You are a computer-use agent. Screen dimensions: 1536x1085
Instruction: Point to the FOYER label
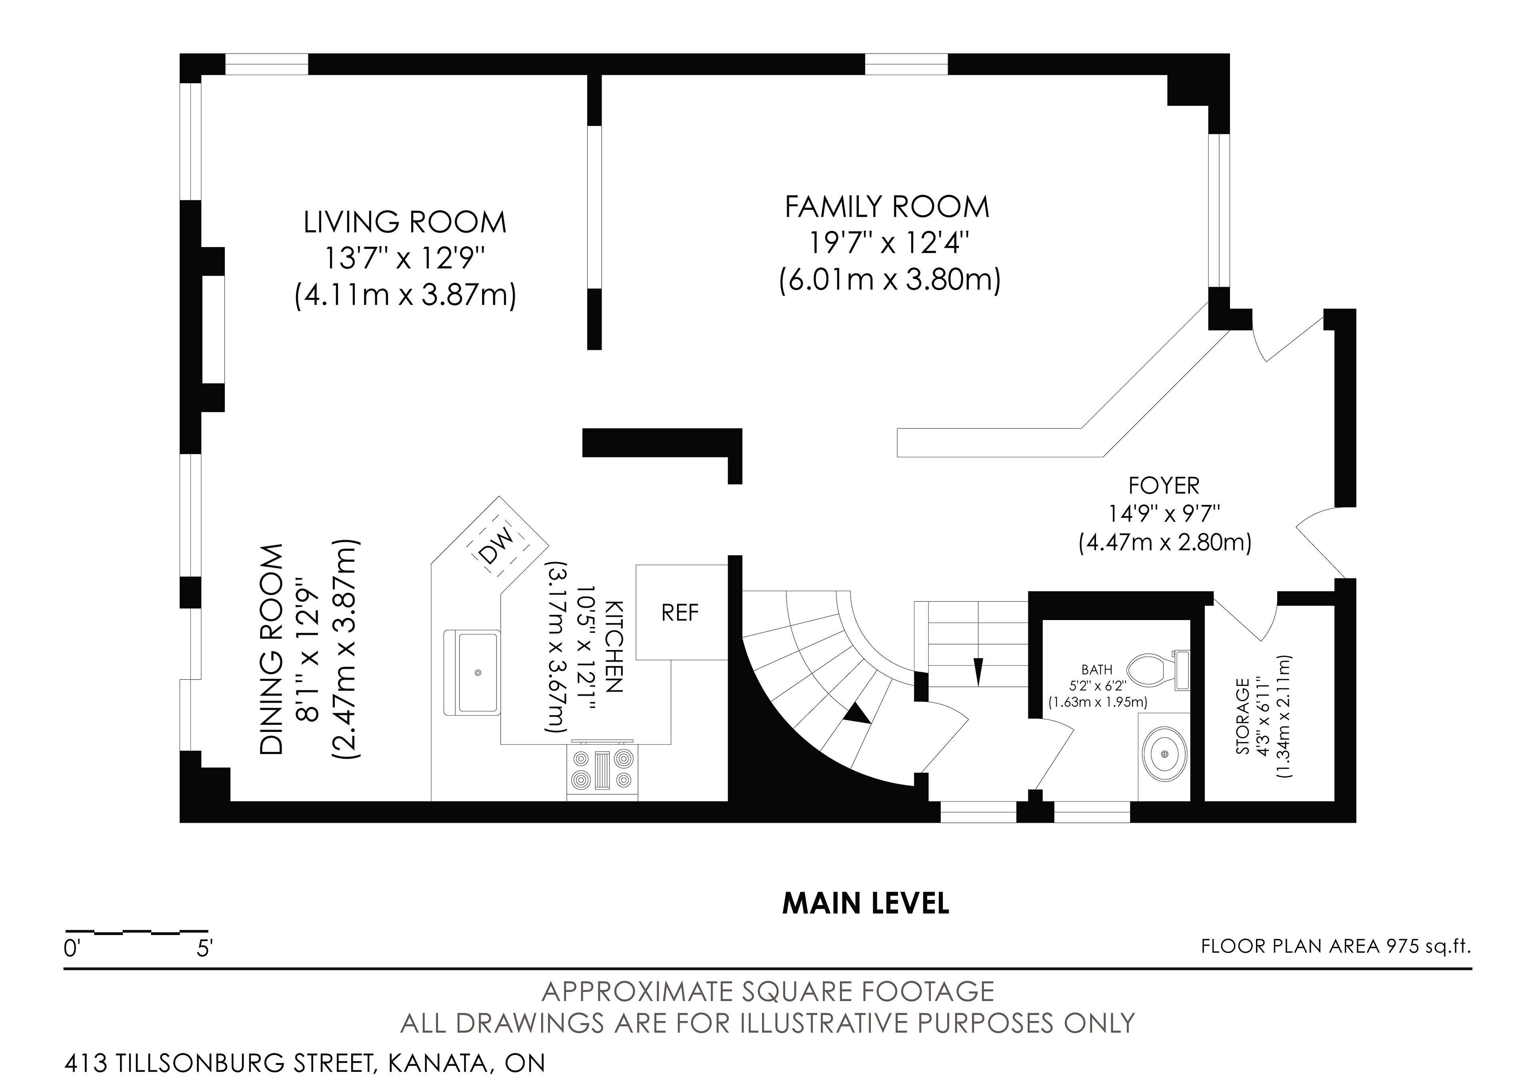(x=1164, y=485)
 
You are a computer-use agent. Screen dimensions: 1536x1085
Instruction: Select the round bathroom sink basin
(x=1165, y=754)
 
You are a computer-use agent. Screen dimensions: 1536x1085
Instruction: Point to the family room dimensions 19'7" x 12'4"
(x=890, y=244)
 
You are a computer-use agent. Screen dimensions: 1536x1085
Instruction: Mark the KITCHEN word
(x=614, y=646)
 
